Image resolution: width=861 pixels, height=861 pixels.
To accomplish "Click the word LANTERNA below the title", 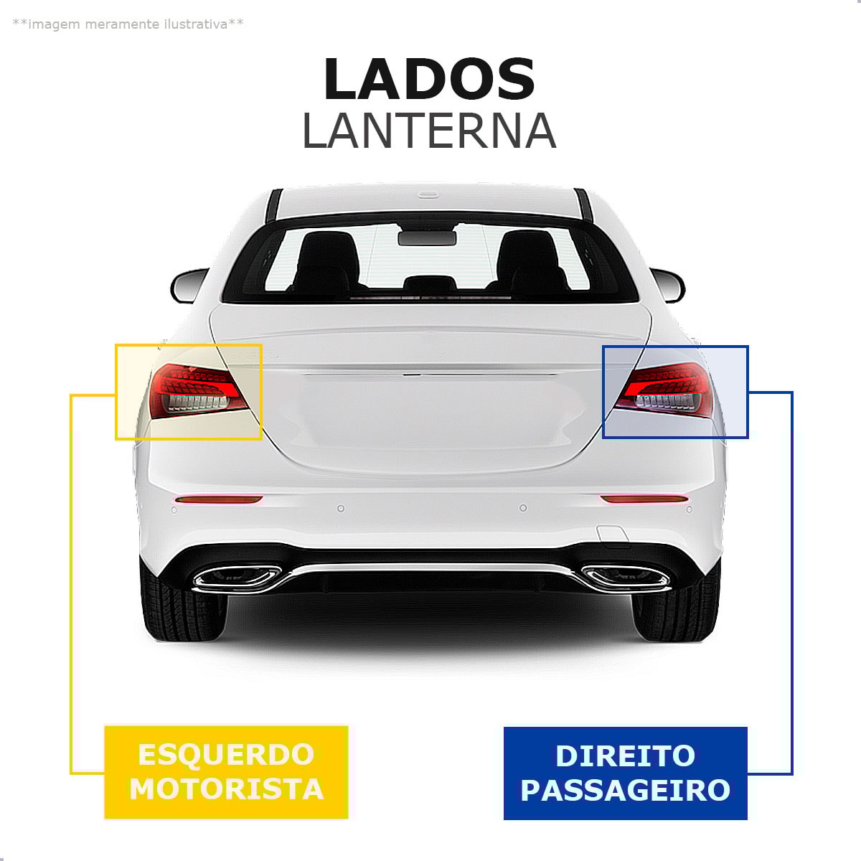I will click(x=429, y=131).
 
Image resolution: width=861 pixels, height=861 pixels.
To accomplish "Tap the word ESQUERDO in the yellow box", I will click(x=226, y=755).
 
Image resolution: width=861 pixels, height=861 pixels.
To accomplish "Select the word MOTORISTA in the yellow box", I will click(x=226, y=789).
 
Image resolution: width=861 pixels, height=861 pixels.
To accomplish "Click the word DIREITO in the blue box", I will click(x=625, y=756).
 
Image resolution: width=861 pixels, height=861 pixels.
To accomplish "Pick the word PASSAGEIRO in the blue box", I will click(x=625, y=790).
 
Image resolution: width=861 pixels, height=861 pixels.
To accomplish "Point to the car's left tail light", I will click(x=195, y=391).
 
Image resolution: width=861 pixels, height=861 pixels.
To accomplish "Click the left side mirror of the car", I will click(x=188, y=286).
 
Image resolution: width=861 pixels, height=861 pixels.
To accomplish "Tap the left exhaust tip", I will click(x=237, y=578).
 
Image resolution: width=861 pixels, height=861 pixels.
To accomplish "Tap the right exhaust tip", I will click(x=624, y=576).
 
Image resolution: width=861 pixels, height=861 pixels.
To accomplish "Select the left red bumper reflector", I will click(x=219, y=499).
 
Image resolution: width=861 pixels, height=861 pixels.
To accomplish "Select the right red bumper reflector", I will click(x=644, y=499).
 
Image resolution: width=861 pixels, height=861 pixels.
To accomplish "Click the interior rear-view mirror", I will click(x=428, y=237).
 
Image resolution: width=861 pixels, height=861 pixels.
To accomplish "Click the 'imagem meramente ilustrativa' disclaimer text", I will click(x=128, y=24).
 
